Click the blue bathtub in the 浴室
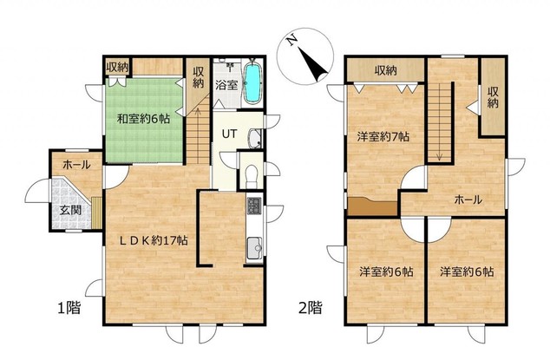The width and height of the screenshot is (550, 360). tap(252, 82)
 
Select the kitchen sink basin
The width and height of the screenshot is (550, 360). tap(254, 248)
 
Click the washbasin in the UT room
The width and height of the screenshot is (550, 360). tap(255, 138)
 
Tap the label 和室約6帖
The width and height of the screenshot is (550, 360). tap(143, 119)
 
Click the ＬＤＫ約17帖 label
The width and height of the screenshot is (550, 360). tap(154, 240)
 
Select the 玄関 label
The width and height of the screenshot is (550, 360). tap(70, 210)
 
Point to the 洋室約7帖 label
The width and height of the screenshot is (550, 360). tap(383, 136)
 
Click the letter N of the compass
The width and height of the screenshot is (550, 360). tap(291, 42)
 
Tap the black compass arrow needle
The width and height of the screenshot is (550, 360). tap(312, 64)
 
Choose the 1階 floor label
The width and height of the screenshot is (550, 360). tap(69, 308)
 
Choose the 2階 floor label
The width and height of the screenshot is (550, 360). tap(311, 308)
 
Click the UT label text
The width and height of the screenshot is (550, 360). tap(229, 134)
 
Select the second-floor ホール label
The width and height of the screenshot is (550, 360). tap(468, 200)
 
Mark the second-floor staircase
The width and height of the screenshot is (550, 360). tap(439, 123)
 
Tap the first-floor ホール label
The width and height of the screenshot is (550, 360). tap(77, 164)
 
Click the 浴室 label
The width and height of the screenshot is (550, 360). tap(226, 85)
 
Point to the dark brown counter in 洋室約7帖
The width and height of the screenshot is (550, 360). tap(372, 206)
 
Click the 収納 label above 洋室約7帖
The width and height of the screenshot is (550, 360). tap(386, 71)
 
